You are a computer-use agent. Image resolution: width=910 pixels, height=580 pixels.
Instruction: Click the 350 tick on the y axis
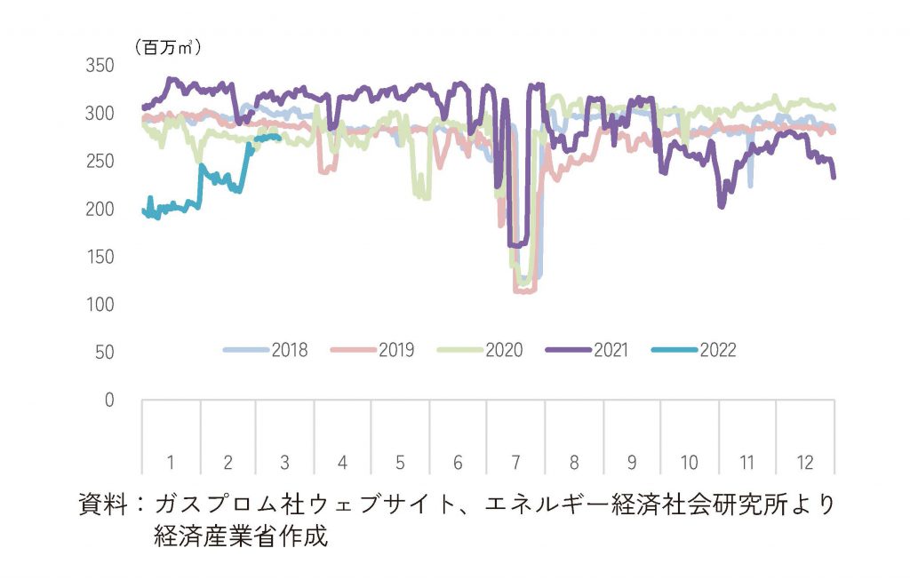[x=100, y=66]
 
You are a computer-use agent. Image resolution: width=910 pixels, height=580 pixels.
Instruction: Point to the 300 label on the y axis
[x=100, y=114]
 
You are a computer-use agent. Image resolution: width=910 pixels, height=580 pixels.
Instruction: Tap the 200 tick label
[x=100, y=210]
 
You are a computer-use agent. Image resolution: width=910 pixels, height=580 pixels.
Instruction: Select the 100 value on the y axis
[x=100, y=306]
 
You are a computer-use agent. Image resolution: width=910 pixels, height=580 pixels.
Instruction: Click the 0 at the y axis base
[x=109, y=401]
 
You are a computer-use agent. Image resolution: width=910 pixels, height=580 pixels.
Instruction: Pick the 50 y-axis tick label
[x=104, y=354]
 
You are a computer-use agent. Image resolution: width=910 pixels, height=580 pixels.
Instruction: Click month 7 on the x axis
[x=515, y=463]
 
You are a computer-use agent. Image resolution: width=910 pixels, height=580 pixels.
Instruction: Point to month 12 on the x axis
[x=804, y=463]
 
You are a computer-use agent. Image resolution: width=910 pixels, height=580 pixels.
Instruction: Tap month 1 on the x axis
[x=170, y=463]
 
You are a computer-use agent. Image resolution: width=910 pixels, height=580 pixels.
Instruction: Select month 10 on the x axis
[x=689, y=463]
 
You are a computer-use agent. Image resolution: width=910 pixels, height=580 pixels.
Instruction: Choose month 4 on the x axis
[x=342, y=463]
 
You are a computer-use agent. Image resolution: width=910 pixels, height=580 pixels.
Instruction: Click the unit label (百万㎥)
[x=168, y=48]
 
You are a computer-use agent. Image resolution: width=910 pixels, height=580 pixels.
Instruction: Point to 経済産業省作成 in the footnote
[x=241, y=537]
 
